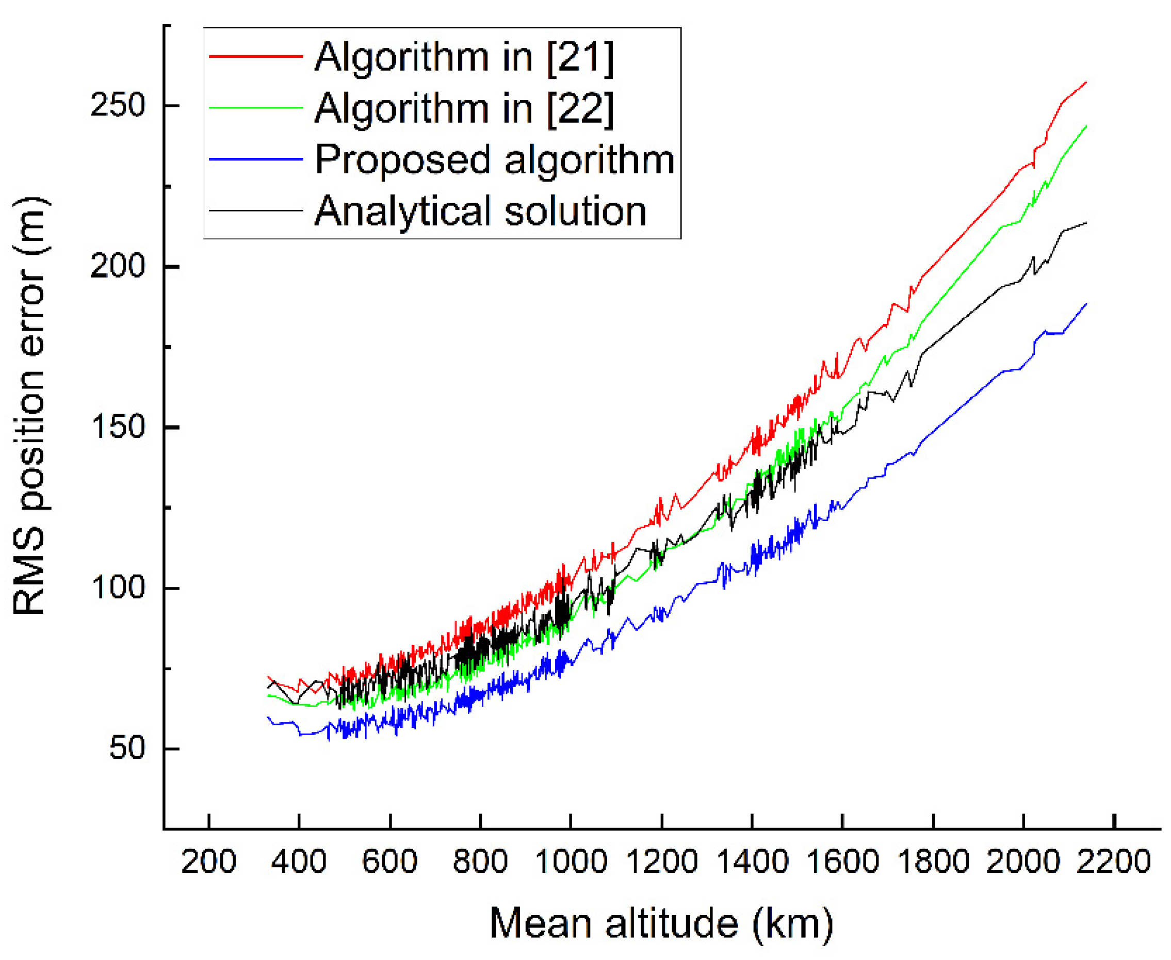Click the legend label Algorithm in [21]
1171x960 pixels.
pos(464,57)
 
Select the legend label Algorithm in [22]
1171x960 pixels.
pos(464,108)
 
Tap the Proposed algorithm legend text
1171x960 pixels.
pos(494,160)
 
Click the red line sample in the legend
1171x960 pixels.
pos(255,56)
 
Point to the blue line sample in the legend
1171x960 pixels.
pos(255,159)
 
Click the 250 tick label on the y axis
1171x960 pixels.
pos(117,105)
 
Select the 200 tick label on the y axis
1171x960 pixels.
pos(117,266)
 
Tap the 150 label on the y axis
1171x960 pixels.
pos(117,427)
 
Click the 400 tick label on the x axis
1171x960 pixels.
pos(299,861)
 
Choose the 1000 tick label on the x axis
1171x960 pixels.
pos(571,861)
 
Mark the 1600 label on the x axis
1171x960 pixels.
pos(842,861)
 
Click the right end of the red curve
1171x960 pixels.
pos(1086,83)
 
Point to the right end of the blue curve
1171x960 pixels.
pos(1086,304)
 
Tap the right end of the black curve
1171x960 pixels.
pos(1086,223)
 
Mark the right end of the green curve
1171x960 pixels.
pos(1086,126)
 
